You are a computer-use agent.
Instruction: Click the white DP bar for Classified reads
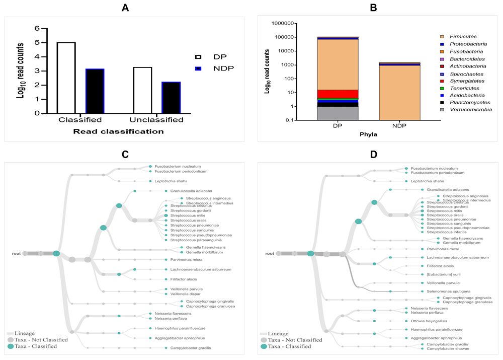pos(66,78)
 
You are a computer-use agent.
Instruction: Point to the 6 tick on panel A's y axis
pos(36,29)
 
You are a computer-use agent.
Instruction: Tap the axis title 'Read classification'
pos(119,131)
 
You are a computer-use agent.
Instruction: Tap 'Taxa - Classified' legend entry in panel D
pos(289,346)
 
